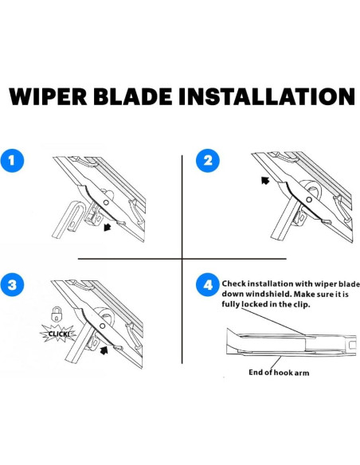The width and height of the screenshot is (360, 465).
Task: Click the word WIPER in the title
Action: (x=48, y=96)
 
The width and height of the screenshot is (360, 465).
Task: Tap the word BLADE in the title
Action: (x=135, y=96)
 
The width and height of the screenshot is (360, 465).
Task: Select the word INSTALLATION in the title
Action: (x=267, y=96)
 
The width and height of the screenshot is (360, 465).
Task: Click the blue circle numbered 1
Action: (x=12, y=160)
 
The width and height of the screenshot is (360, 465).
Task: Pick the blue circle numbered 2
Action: (x=208, y=160)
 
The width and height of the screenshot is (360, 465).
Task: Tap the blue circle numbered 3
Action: (x=12, y=285)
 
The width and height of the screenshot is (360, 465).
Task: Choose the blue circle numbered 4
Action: (x=208, y=285)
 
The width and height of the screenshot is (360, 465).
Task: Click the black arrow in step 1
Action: (x=107, y=228)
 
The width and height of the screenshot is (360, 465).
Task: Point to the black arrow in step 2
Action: (x=265, y=180)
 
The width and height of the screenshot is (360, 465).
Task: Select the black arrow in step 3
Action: (x=104, y=350)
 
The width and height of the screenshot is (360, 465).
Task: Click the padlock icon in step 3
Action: (x=56, y=314)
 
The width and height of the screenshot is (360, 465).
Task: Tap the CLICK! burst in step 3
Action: (x=58, y=334)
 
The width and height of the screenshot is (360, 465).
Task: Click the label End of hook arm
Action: (x=279, y=373)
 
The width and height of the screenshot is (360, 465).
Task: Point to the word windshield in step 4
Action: (x=255, y=294)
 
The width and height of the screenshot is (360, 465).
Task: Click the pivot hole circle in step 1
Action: (x=106, y=202)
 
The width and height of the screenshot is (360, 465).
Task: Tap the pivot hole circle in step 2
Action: (x=309, y=200)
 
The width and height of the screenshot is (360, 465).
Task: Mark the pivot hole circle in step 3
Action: (x=102, y=326)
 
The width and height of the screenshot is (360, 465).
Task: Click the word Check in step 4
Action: (x=233, y=283)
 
